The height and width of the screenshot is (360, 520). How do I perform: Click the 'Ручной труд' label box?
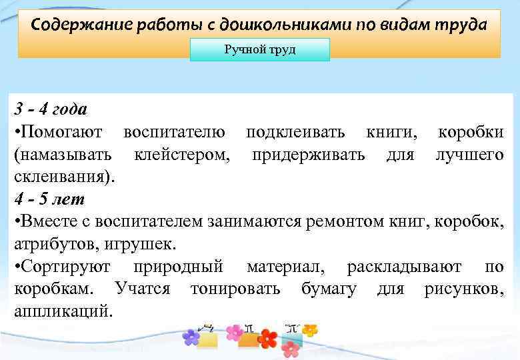click(x=260, y=50)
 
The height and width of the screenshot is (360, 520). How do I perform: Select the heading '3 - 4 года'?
click(x=51, y=109)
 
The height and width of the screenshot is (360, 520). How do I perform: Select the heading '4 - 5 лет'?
click(x=49, y=199)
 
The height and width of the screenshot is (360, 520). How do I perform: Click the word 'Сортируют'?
click(x=67, y=267)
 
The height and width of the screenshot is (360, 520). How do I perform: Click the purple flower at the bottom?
click(x=191, y=337)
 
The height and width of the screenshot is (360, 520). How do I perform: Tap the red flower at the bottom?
click(x=268, y=338)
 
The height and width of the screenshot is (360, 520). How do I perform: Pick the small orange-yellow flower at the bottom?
click(x=309, y=329)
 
